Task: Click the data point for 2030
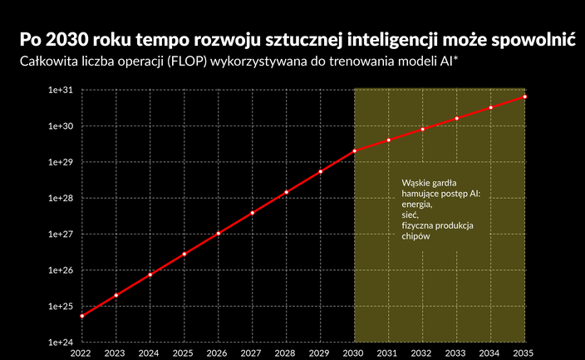pos(355,151)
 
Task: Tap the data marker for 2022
pos(81,316)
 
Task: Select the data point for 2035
pos(525,97)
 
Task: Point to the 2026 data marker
pos(219,234)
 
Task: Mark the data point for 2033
pos(457,118)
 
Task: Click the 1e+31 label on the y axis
pos(62,90)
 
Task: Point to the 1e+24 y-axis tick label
pos(62,343)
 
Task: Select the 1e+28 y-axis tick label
pos(62,198)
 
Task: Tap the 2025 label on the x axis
pos(184,353)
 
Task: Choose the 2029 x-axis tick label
pos(321,353)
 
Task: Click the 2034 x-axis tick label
pos(491,353)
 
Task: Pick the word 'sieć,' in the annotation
pos(410,215)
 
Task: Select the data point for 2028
pos(287,192)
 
